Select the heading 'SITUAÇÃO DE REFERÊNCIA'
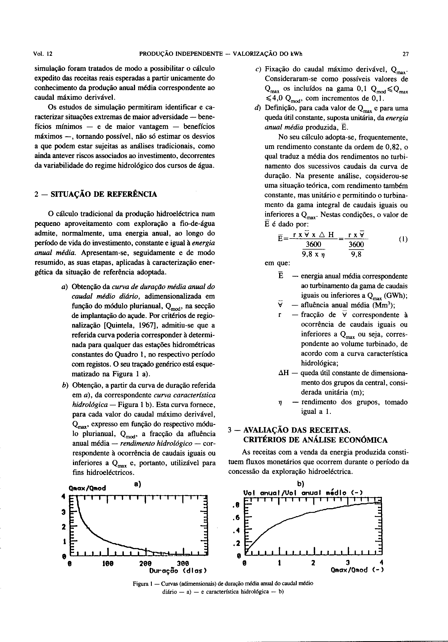pos(103,194)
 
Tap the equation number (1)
pos(403,240)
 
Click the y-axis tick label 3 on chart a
pos(63,512)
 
